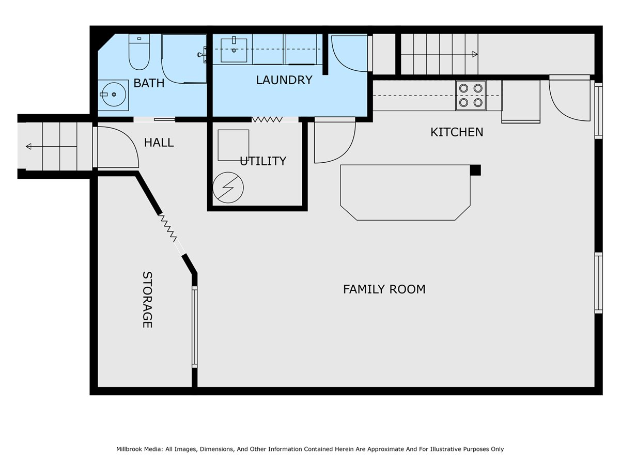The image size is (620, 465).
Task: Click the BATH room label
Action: [149, 83]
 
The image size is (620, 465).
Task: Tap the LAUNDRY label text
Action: [284, 80]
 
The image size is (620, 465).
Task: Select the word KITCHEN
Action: [456, 132]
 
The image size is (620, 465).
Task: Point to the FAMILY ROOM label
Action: [384, 289]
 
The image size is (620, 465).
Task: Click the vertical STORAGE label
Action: [147, 300]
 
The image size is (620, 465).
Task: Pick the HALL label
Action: [159, 143]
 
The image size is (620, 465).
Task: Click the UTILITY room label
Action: [262, 161]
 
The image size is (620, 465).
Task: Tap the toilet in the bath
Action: [139, 52]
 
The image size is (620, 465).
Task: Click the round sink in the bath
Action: [113, 95]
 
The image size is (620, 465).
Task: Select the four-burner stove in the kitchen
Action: [471, 96]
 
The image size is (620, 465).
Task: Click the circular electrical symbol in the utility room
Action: [228, 188]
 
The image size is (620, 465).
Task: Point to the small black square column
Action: [475, 171]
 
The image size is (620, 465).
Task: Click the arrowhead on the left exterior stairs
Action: [28, 147]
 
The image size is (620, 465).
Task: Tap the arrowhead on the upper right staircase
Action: [475, 54]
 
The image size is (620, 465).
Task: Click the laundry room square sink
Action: [234, 50]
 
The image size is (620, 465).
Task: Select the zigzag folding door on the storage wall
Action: [167, 228]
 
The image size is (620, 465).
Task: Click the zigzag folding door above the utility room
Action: [267, 119]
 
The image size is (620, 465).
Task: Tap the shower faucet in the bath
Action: [202, 54]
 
